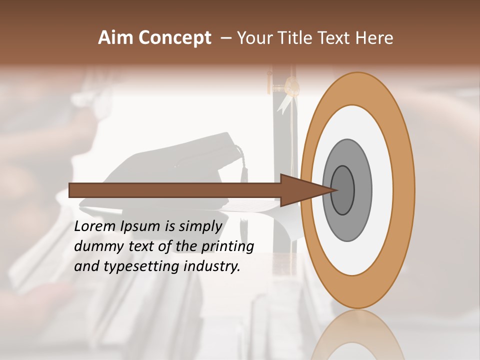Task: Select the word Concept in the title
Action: click(174, 38)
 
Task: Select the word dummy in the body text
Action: click(97, 246)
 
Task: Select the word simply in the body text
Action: click(200, 226)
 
